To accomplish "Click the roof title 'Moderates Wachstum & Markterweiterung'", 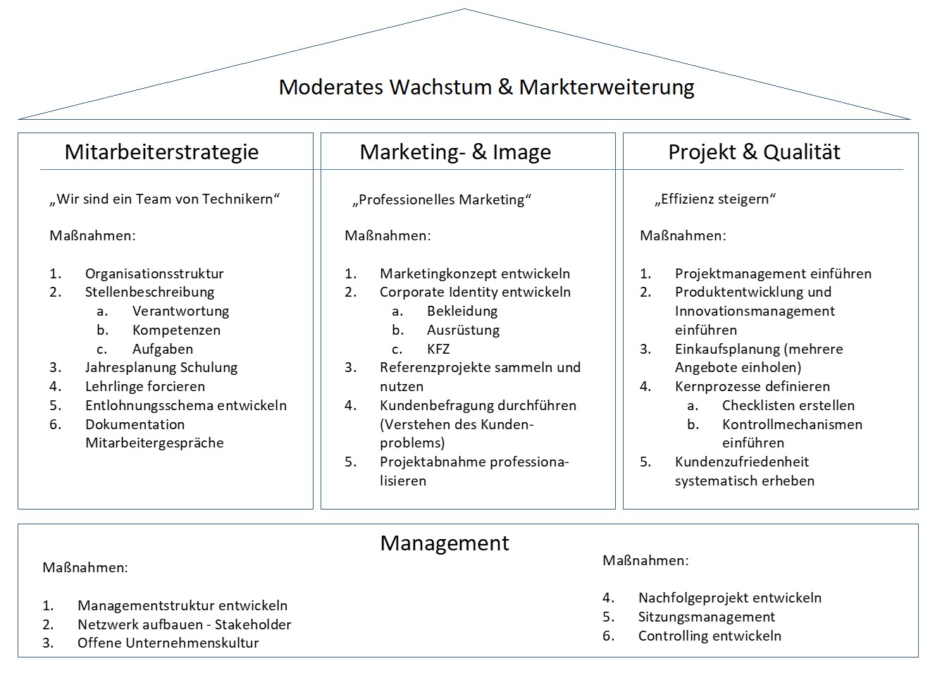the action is tap(486, 87).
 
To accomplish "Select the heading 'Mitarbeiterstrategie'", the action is tap(161, 152).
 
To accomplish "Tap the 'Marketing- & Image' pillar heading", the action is tap(455, 152).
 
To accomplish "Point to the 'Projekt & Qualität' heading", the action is tap(754, 152).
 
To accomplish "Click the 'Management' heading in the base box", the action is tap(445, 543).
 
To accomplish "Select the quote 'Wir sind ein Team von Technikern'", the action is tap(164, 199).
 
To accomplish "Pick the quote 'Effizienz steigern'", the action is tap(715, 199).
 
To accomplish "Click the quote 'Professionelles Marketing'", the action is tap(442, 200).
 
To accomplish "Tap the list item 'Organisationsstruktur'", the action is tap(154, 273).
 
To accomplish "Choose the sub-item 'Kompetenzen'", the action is tap(177, 331).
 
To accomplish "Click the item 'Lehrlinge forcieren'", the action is tap(145, 387).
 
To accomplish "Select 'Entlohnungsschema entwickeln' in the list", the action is tap(186, 405).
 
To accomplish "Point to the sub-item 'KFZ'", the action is tap(438, 349).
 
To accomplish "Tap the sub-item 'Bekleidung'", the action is tap(462, 311).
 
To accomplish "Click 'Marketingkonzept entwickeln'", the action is tap(475, 273).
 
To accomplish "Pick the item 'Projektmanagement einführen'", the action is tap(774, 273).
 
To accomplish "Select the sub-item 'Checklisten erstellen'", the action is tap(788, 405).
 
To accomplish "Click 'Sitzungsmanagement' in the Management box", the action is tap(707, 617).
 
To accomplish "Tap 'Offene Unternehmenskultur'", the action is tap(168, 643).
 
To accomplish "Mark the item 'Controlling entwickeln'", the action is tap(710, 636).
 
